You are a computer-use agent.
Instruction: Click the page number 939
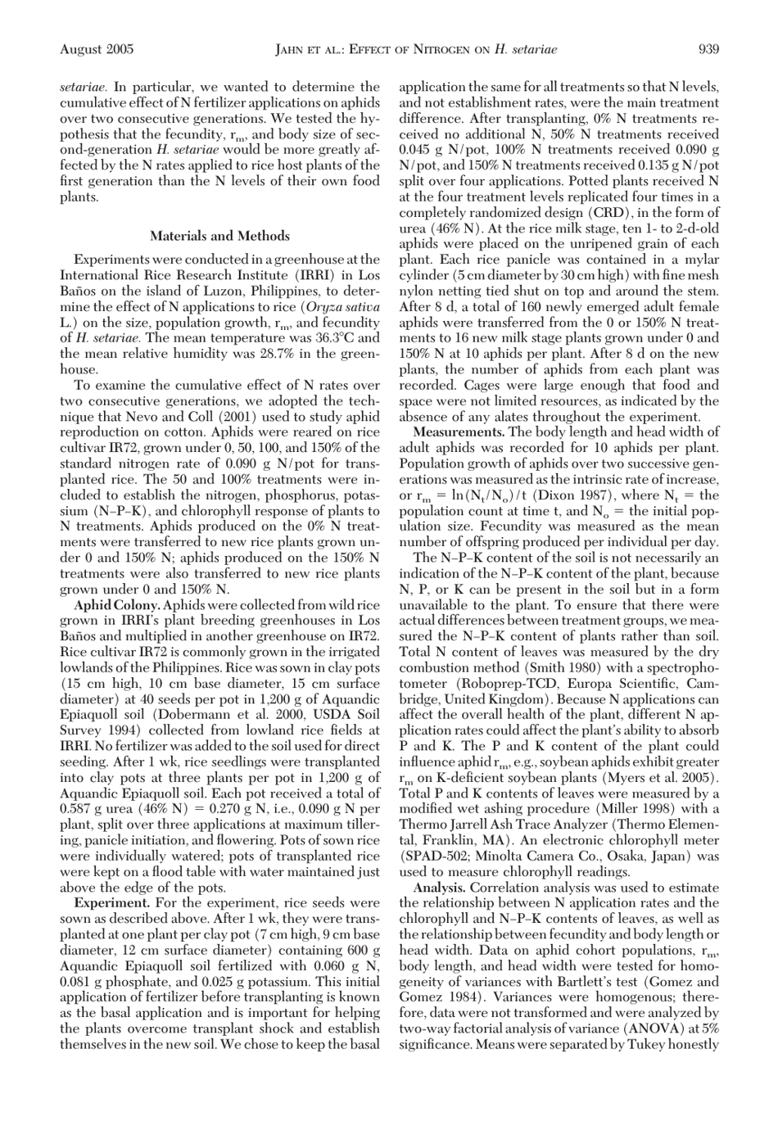point(708,50)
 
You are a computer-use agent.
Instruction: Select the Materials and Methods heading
point(219,236)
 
